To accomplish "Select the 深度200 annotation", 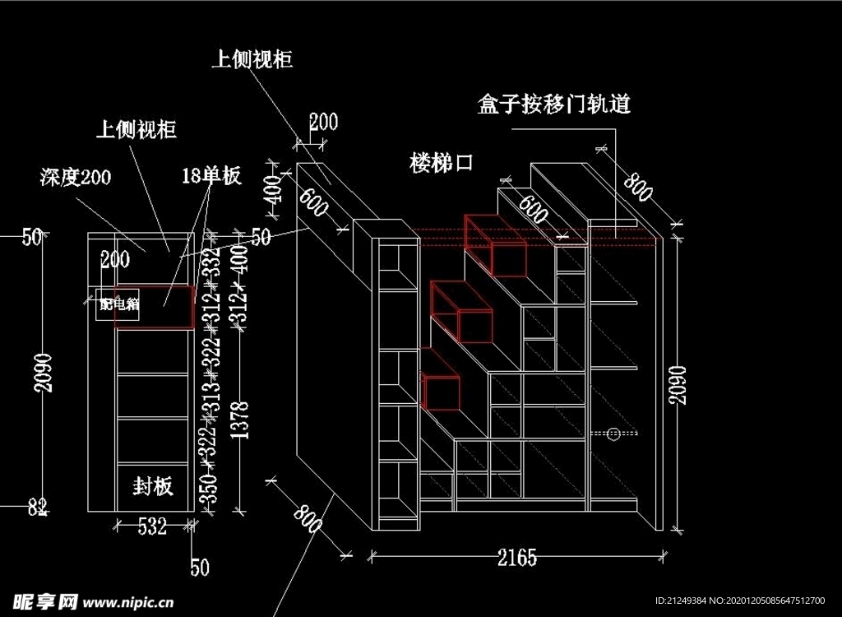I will coord(75,177).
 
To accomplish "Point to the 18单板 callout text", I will coord(210,175).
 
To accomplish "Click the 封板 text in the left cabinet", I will coord(153,486).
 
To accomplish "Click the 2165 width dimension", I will coord(517,559).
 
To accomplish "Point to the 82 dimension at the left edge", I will coord(37,508).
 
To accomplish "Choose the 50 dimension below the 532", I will coord(200,567).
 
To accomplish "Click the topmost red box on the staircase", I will coord(495,244).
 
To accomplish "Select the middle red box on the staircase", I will coord(461,311).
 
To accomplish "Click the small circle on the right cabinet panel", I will coord(613,433).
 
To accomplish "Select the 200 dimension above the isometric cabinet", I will coord(323,123).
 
